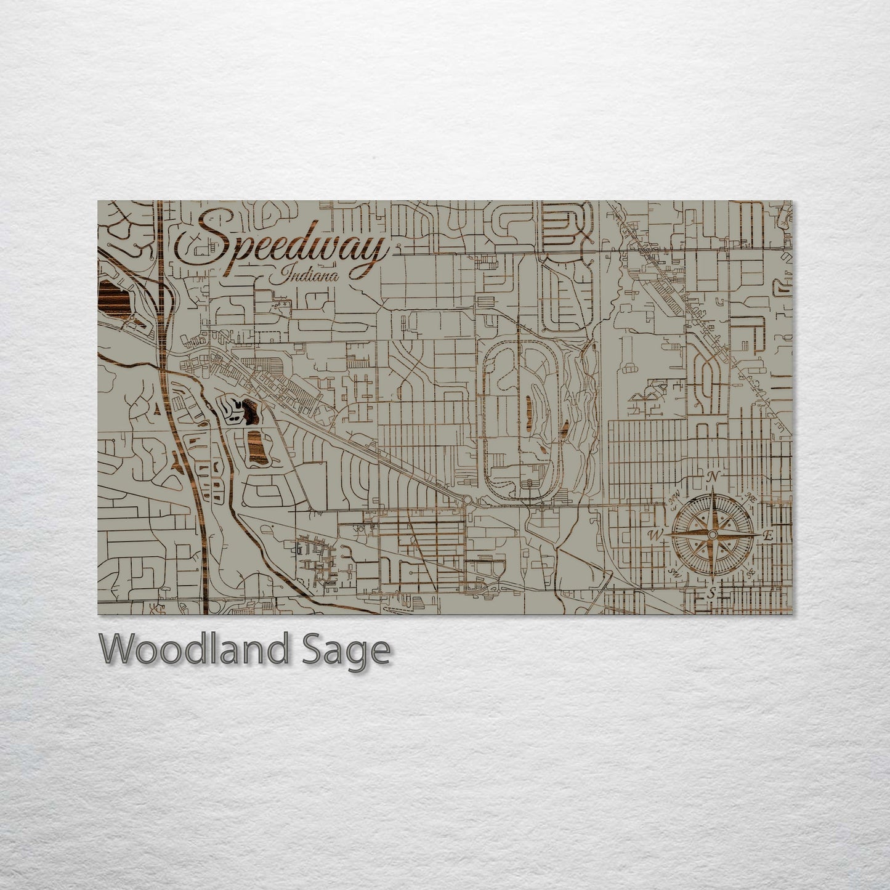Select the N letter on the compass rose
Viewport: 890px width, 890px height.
coord(713,477)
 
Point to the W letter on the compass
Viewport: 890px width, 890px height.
coord(652,535)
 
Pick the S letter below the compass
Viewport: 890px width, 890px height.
coord(711,594)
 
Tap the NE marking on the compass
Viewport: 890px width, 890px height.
coord(751,497)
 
